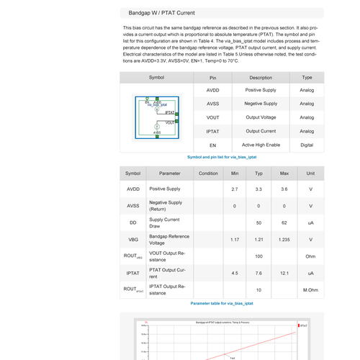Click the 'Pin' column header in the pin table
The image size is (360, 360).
(x=212, y=77)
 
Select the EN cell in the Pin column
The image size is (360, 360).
(x=212, y=145)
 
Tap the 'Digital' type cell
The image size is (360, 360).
(x=307, y=145)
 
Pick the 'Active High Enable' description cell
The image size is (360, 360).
(x=261, y=145)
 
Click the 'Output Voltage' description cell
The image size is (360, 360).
(x=261, y=117)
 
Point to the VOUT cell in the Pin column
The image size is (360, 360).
(x=212, y=117)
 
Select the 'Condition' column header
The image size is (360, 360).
(x=208, y=174)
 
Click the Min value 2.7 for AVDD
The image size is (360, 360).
(x=235, y=189)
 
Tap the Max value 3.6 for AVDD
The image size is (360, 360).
(x=284, y=189)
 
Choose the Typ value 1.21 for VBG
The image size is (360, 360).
(x=259, y=239)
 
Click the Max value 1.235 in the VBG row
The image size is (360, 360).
(x=284, y=239)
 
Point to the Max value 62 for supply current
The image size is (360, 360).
(x=284, y=222)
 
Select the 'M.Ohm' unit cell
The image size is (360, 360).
(x=311, y=289)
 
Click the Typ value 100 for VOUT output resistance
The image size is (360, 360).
(x=259, y=256)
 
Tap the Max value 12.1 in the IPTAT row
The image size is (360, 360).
(x=284, y=273)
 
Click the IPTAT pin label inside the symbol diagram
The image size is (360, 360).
(x=169, y=113)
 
